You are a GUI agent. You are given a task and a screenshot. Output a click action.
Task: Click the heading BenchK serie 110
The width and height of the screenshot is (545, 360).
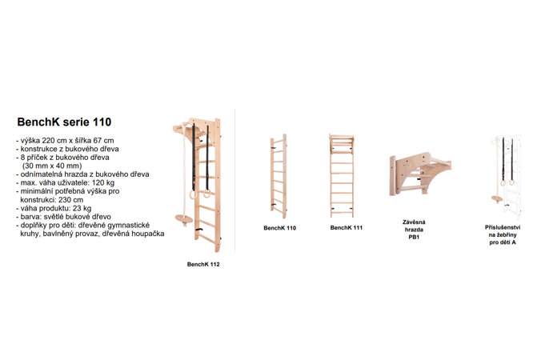tap(64, 122)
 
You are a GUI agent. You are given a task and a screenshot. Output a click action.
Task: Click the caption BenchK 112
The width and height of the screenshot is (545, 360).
tap(203, 264)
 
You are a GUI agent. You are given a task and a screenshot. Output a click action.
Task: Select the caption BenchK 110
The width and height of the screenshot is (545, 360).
tap(280, 228)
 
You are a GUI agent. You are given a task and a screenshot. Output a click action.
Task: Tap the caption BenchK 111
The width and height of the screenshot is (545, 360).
tap(347, 228)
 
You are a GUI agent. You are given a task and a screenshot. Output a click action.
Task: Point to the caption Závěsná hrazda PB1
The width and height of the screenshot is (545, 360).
tap(414, 230)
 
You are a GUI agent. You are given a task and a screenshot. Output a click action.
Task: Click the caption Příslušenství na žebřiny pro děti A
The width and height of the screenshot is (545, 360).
tap(503, 235)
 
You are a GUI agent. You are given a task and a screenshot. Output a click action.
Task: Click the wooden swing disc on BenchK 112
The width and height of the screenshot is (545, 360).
tap(183, 218)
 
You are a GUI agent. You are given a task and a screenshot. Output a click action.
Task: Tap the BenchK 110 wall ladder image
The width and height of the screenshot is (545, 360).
tap(279, 176)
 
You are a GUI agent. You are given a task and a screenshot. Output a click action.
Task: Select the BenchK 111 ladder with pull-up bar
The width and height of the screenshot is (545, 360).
tap(342, 176)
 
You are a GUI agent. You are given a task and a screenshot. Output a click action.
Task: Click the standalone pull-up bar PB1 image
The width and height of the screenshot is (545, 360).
tap(420, 174)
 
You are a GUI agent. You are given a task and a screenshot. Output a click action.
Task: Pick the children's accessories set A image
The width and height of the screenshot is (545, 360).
tap(506, 177)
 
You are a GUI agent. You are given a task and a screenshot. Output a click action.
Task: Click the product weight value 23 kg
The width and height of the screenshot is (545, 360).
tap(82, 209)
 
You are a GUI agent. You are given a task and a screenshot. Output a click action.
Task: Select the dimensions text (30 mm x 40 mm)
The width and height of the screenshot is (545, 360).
tap(52, 166)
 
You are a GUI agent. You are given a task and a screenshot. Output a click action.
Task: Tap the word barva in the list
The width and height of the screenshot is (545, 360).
tap(29, 217)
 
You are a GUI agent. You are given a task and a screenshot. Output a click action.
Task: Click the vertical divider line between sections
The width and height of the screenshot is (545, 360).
tap(235, 180)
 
